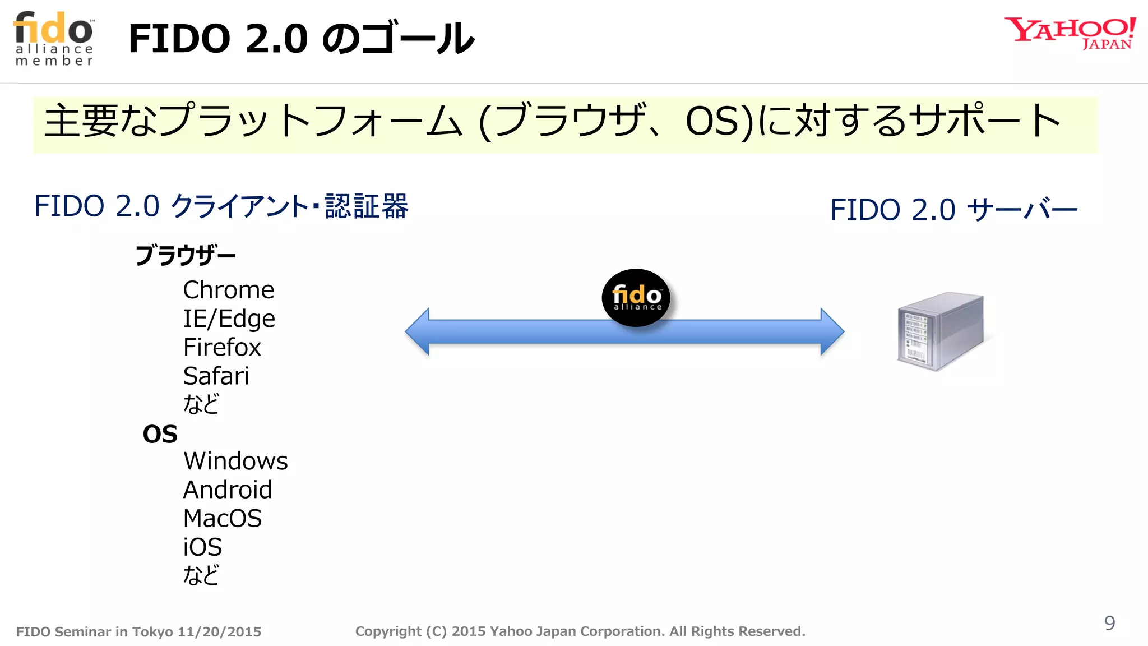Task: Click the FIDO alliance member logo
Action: pos(54,39)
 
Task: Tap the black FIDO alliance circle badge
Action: pos(636,297)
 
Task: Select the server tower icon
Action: pos(940,331)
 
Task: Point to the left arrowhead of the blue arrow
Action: pos(418,331)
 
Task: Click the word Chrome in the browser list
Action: pos(229,290)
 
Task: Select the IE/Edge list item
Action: pos(229,319)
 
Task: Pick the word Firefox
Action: pos(222,347)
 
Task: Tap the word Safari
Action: pos(216,376)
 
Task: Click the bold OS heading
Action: pos(160,434)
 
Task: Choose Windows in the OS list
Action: pos(235,461)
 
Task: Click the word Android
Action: pos(228,490)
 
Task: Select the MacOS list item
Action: pos(223,518)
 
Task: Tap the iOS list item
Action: pos(202,547)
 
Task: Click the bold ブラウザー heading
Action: pos(186,256)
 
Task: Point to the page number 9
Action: pos(1109,623)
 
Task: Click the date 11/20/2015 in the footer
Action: pos(219,632)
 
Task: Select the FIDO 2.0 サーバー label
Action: pos(953,210)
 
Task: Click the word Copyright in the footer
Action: pos(388,631)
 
